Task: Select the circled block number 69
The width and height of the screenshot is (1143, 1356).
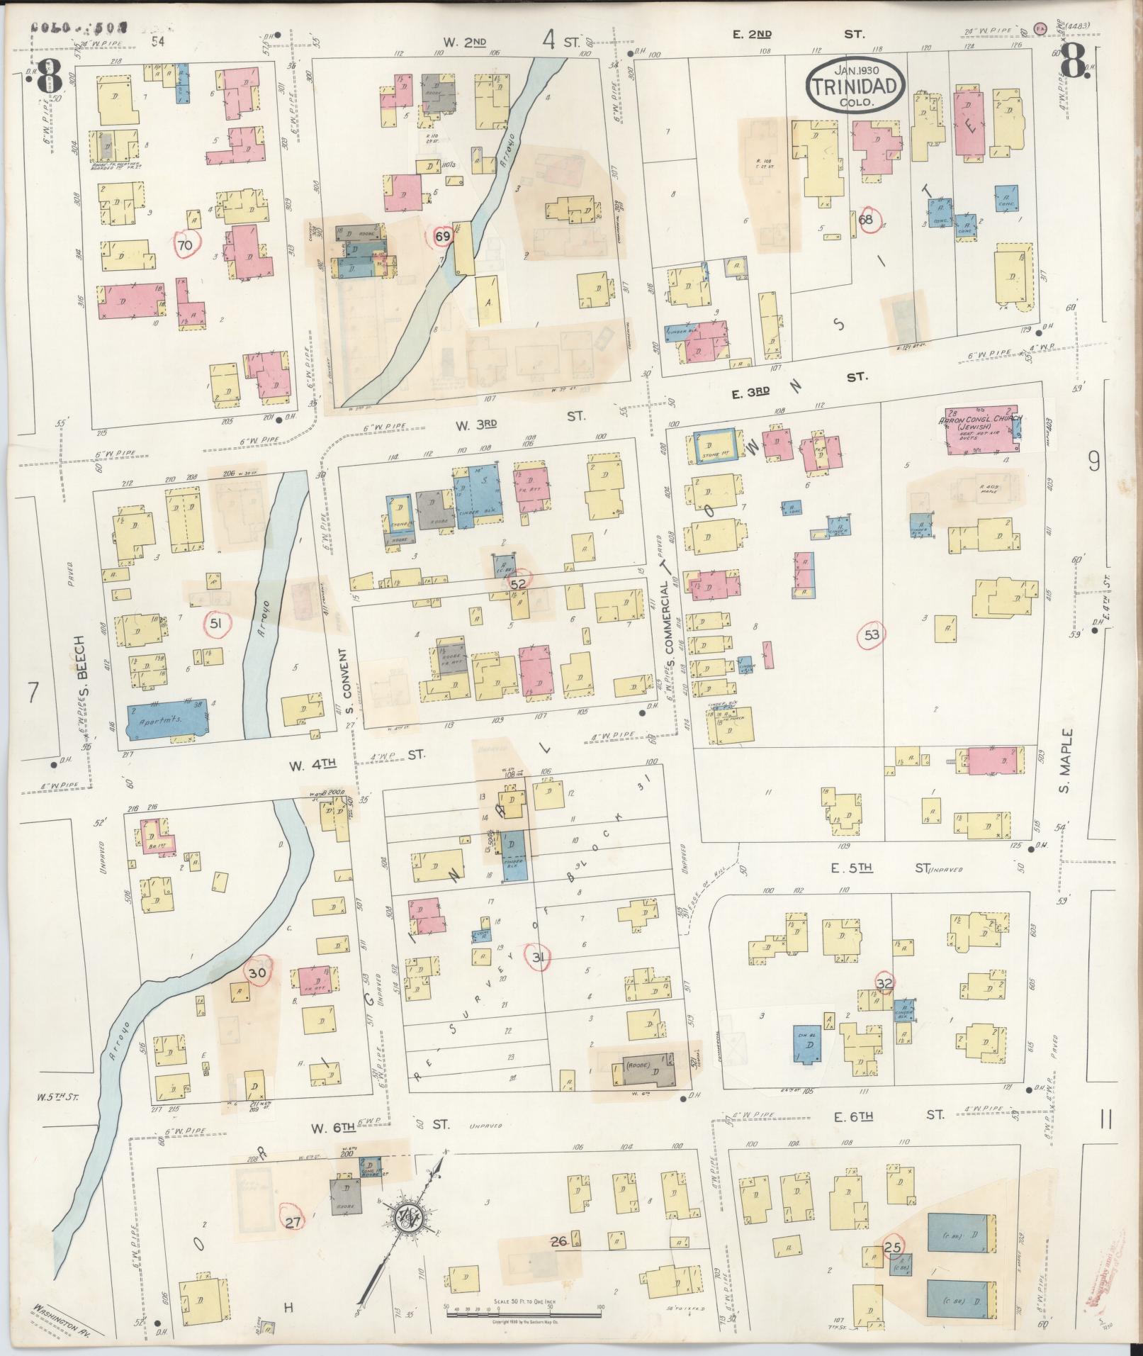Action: point(442,237)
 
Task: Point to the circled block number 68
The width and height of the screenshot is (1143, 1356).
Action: point(866,219)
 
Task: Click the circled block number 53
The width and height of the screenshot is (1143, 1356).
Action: point(871,635)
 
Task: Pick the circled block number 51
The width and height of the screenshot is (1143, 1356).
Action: point(217,623)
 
